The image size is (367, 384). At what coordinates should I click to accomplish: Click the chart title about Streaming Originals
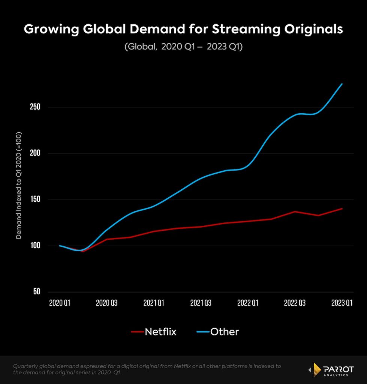click(183, 30)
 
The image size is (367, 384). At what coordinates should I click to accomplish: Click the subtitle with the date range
click(183, 48)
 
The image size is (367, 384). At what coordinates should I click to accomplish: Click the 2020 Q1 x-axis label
click(60, 303)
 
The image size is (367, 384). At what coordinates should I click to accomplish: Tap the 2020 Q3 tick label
click(107, 303)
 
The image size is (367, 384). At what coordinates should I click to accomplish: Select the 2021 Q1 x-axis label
click(154, 303)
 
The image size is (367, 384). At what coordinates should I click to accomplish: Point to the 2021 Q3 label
click(201, 303)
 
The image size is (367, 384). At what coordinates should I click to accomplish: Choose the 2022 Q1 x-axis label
click(248, 303)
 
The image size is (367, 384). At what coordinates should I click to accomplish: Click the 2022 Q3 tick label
click(295, 303)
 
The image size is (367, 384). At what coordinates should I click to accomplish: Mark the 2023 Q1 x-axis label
click(342, 303)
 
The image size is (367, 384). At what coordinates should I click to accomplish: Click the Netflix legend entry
click(154, 331)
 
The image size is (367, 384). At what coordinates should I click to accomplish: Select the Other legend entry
click(217, 331)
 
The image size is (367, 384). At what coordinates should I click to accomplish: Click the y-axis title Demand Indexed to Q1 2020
click(19, 185)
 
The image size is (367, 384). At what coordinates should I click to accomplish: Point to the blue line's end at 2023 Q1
click(342, 84)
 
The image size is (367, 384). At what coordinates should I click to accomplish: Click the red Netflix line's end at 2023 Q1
click(342, 208)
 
